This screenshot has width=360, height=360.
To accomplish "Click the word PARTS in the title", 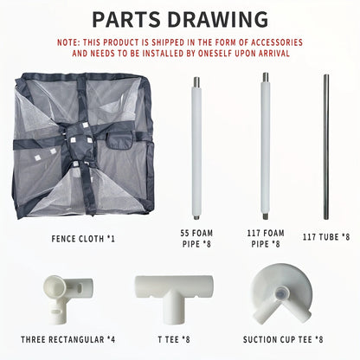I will click(129, 18).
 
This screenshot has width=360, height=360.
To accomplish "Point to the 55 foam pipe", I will click(196, 147).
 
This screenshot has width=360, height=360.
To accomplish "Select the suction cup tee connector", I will click(282, 299).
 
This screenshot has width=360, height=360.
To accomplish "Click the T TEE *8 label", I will click(174, 340).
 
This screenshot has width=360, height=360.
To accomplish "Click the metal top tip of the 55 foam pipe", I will click(196, 83).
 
